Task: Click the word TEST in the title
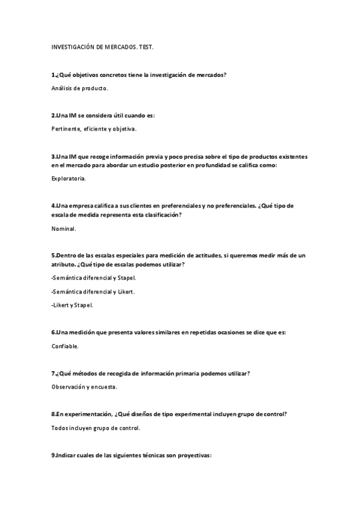tap(146, 46)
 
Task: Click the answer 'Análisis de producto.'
tap(79, 88)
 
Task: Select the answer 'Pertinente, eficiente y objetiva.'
tap(94, 129)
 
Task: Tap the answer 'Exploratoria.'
tap(69, 179)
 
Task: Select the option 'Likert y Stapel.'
tap(72, 305)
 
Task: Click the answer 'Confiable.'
tap(66, 346)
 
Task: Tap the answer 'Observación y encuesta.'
tap(85, 387)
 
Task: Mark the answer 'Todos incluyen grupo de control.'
tap(96, 428)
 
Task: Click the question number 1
tap(53, 75)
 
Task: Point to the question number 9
tap(53, 456)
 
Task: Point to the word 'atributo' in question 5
tap(65, 265)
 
